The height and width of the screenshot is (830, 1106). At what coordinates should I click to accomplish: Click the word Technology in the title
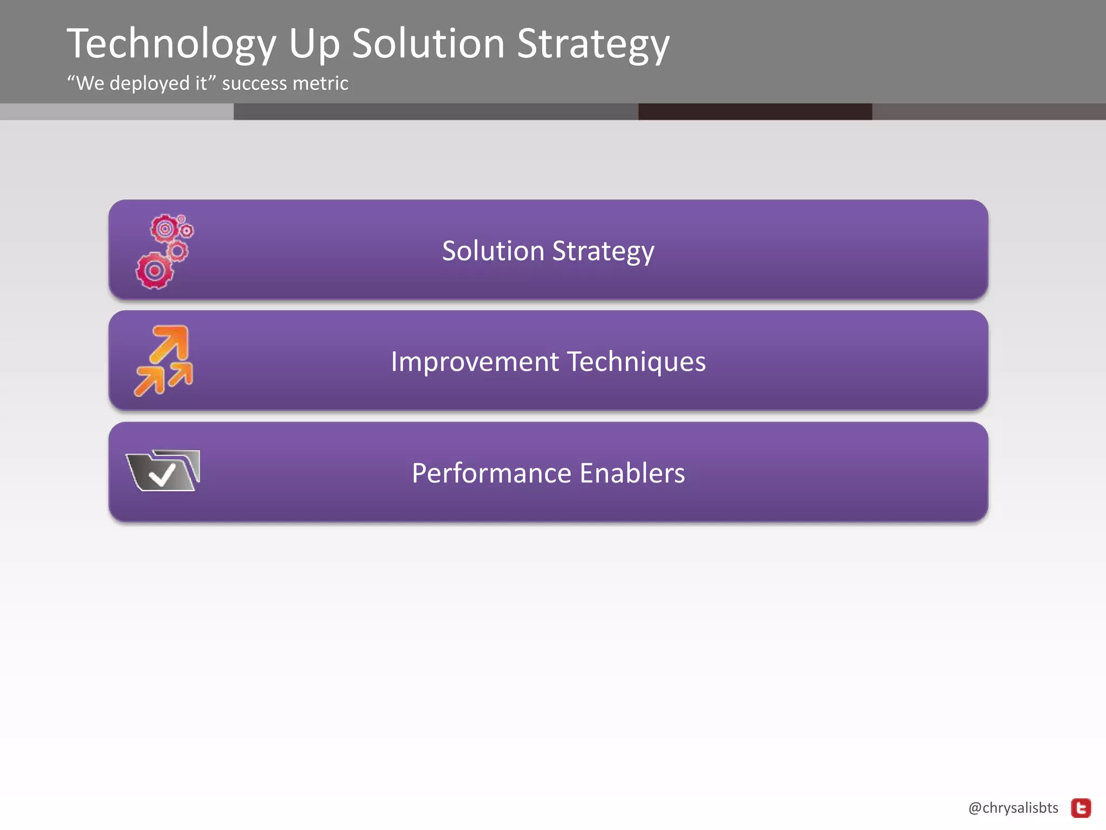[x=172, y=44]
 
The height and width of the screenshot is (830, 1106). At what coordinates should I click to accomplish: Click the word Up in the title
[x=314, y=44]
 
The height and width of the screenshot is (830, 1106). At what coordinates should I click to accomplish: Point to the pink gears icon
[x=164, y=252]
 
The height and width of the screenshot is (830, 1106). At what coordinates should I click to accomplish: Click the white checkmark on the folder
[x=162, y=475]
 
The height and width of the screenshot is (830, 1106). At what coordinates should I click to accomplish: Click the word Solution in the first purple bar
[x=493, y=251]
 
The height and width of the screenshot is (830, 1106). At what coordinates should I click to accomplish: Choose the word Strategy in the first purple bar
[x=603, y=251]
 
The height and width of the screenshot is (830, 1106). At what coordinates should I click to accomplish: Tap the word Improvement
[x=475, y=362]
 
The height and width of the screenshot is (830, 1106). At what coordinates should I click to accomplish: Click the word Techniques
[x=637, y=362]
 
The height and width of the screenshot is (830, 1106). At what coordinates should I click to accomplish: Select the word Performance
[x=491, y=473]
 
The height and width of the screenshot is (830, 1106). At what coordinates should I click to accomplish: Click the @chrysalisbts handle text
[x=1013, y=808]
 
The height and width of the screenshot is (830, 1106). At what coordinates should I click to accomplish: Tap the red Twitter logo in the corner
[x=1081, y=808]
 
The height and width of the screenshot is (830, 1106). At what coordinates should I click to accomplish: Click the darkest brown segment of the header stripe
[x=755, y=112]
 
